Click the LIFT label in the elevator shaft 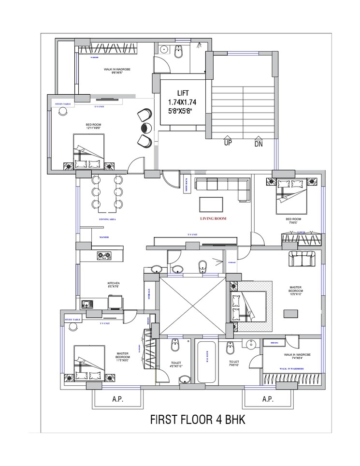183,93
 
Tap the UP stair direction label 228,143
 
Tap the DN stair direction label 259,143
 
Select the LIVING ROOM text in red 213,218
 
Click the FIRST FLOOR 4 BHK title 198,420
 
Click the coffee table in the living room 211,204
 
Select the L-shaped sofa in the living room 222,187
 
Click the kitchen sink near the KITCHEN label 87,304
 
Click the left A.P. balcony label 117,399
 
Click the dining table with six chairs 107,193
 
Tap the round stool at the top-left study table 63,112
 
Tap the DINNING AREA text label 107,219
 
